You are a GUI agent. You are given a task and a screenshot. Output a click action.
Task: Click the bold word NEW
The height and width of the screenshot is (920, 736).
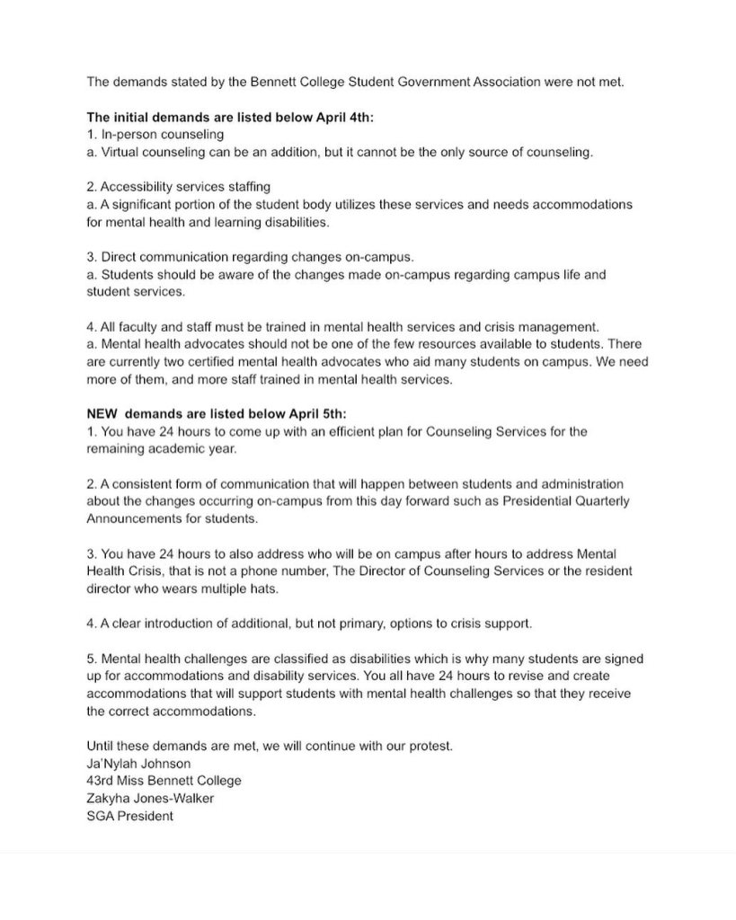pos(103,413)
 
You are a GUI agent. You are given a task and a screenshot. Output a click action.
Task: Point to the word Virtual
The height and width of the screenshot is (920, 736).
pos(120,152)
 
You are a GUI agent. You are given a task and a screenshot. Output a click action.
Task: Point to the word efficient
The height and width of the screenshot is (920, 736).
pos(324,431)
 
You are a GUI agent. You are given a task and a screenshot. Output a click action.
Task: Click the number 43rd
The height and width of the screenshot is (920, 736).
pos(102,782)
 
